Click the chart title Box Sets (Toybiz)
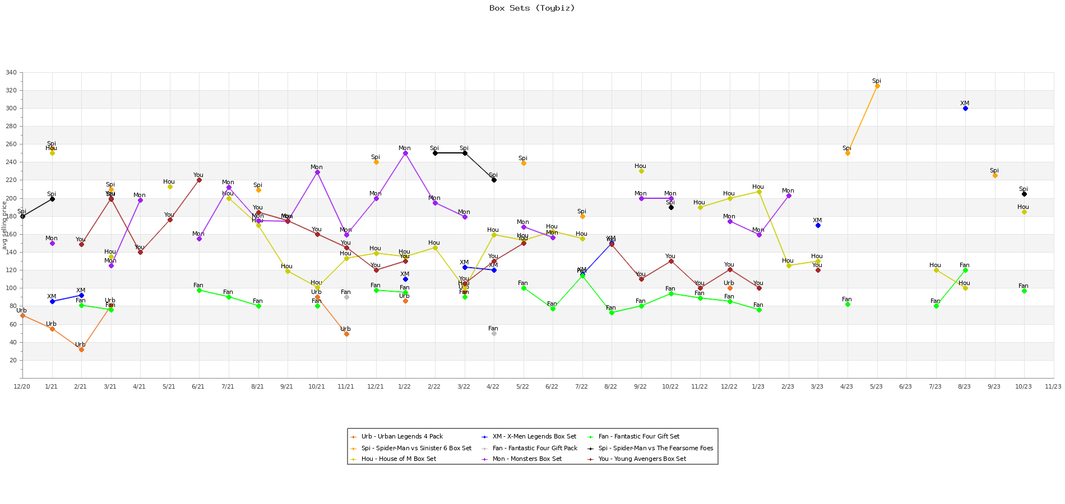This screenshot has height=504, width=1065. (532, 8)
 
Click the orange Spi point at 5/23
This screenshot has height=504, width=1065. (877, 86)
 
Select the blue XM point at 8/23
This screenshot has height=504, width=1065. (965, 109)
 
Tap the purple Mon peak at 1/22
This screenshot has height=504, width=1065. (405, 153)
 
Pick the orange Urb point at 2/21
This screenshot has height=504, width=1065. (81, 349)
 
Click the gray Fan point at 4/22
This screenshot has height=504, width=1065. (494, 333)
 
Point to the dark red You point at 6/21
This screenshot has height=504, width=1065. (199, 180)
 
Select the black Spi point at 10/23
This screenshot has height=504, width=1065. (1024, 194)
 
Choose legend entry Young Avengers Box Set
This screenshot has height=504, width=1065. (642, 459)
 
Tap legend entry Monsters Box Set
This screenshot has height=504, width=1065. (527, 459)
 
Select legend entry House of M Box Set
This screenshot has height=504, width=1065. (399, 459)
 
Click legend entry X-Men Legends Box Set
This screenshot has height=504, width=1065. (534, 437)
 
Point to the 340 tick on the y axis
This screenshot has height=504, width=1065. (11, 73)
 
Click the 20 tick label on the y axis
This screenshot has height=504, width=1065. (13, 360)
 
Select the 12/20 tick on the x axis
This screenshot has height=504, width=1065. (22, 387)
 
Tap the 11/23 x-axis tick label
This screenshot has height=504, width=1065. (1053, 387)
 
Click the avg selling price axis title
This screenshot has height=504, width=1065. (4, 225)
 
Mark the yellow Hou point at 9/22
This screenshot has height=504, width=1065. (641, 171)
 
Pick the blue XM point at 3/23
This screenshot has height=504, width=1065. (818, 225)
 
